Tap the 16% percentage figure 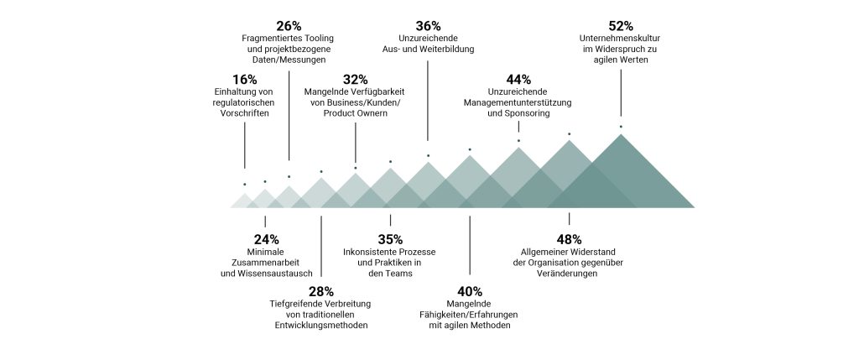(245, 80)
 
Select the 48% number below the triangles (570, 239)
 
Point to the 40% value (470, 291)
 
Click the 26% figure (288, 25)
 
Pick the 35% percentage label (390, 239)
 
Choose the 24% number (266, 239)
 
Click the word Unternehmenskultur (621, 38)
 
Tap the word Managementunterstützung (518, 102)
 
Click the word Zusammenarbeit (266, 263)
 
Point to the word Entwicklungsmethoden (321, 326)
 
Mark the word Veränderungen (570, 274)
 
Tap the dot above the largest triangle (621, 127)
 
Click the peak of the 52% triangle (621, 135)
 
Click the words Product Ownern (355, 113)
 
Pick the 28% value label (321, 291)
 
